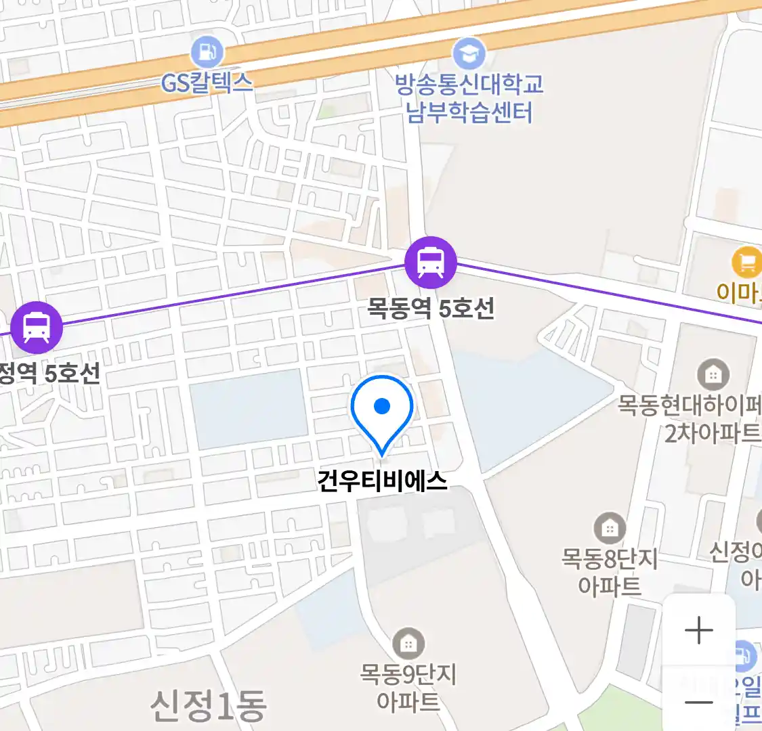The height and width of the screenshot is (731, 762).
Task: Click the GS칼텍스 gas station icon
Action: (207, 51)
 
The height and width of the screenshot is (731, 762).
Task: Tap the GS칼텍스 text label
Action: (207, 83)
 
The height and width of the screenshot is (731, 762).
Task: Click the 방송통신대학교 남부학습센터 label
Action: (469, 98)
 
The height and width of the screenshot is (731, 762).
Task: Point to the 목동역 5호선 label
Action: (431, 309)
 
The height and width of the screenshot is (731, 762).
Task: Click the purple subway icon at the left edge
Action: (37, 328)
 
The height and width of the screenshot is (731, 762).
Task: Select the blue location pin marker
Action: (382, 410)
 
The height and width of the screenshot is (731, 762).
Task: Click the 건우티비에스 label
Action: (383, 481)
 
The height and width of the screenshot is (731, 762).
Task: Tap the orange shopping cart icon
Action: (746, 263)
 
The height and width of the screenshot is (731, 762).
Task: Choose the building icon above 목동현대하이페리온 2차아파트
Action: (713, 374)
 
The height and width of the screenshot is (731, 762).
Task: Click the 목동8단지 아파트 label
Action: (610, 572)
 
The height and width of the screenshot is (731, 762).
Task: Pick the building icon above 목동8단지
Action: (610, 528)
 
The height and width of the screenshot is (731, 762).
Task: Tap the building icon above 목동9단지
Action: (408, 644)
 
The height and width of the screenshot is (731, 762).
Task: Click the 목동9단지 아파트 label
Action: (408, 688)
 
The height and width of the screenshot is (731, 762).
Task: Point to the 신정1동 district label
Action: (208, 706)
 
